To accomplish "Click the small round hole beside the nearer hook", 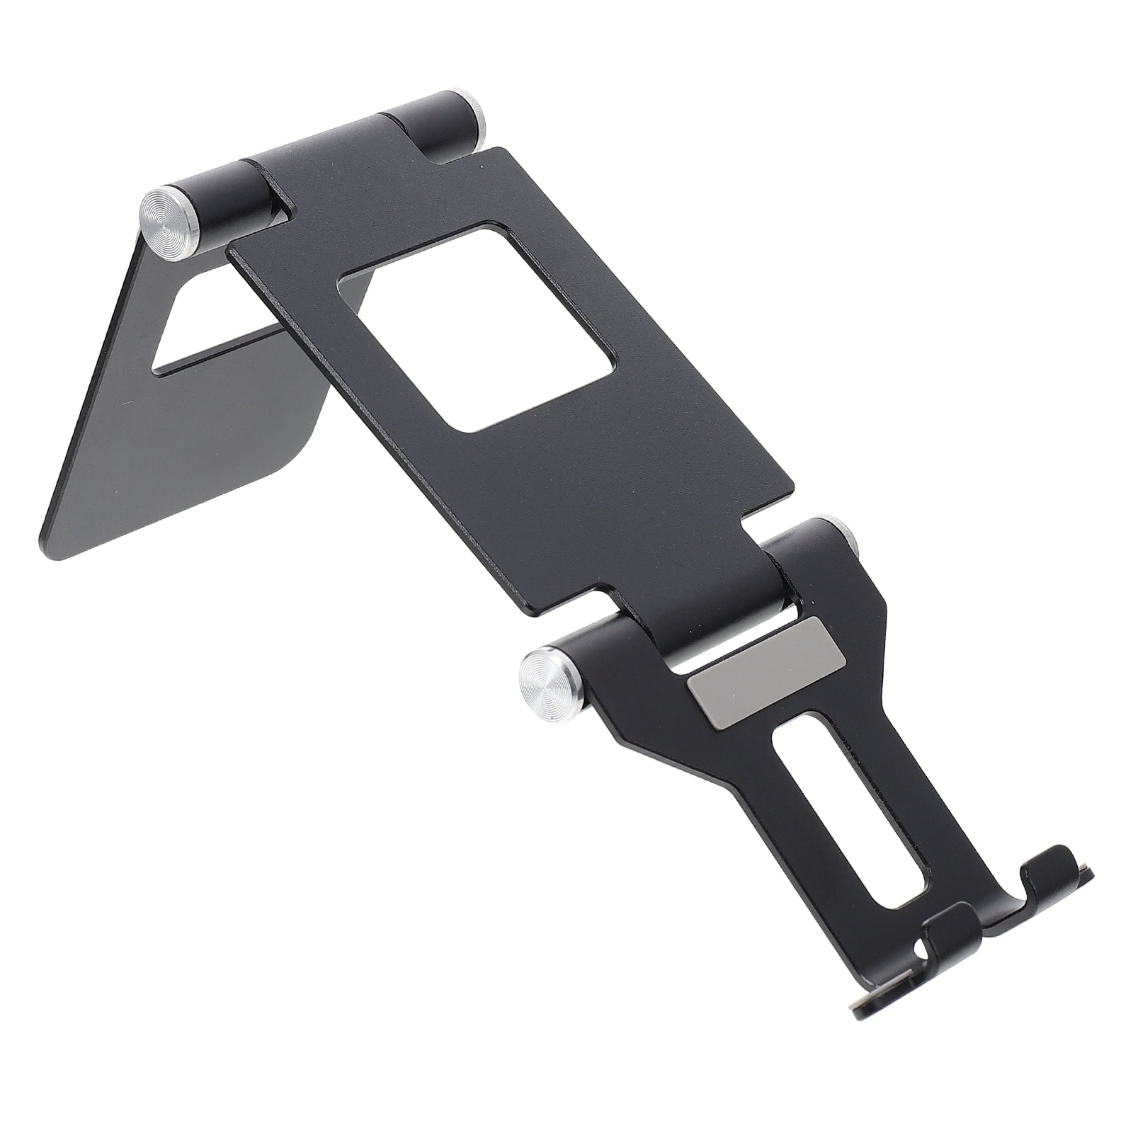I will click(x=921, y=950).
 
